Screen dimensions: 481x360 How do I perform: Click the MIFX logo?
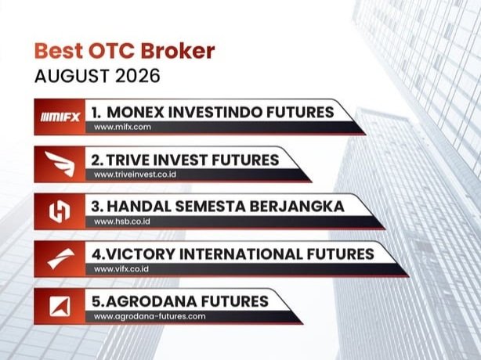60,117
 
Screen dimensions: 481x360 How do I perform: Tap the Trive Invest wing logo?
60,164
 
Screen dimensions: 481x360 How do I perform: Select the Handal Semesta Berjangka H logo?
60,211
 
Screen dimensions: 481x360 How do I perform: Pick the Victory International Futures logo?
61,258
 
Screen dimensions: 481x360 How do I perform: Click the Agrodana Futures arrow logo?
60,306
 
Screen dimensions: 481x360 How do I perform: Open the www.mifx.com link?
122,127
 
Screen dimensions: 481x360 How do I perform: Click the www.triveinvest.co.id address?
135,175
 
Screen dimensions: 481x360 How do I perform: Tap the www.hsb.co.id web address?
122,221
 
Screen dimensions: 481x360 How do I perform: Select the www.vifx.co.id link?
121,269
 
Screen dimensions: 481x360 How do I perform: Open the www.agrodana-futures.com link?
150,316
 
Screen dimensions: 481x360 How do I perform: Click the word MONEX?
136,112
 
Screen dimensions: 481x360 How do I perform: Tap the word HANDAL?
139,207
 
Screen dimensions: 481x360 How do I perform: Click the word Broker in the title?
178,51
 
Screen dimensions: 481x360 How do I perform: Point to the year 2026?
138,76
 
